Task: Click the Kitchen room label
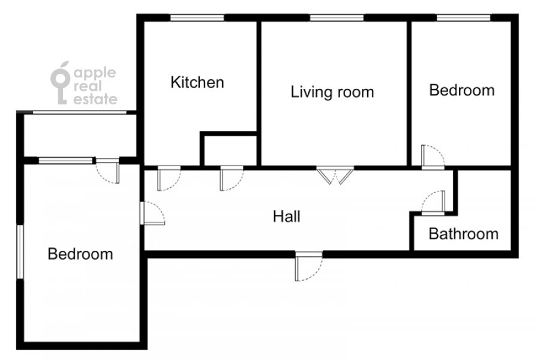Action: (x=197, y=82)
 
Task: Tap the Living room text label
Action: (x=332, y=92)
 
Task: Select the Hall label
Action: (x=287, y=217)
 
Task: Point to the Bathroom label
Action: (x=464, y=234)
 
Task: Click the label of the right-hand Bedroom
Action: (x=462, y=90)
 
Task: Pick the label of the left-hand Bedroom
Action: (x=80, y=254)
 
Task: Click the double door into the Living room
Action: (x=335, y=175)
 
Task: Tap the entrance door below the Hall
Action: (x=309, y=266)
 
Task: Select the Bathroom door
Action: (x=433, y=203)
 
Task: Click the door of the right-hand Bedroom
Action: (x=433, y=157)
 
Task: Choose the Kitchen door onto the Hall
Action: (x=169, y=178)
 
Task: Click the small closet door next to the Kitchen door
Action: (x=232, y=178)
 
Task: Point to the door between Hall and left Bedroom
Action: (x=152, y=214)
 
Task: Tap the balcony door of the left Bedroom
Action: (x=107, y=170)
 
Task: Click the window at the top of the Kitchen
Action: (x=197, y=18)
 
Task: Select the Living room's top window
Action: (x=337, y=18)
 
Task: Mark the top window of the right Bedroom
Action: (x=464, y=18)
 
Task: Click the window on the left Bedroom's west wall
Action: (x=20, y=252)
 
